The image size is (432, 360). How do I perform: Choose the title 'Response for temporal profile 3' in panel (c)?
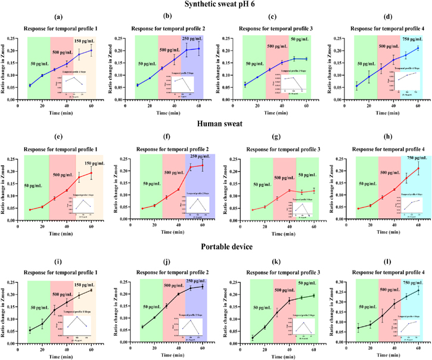(275, 29)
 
